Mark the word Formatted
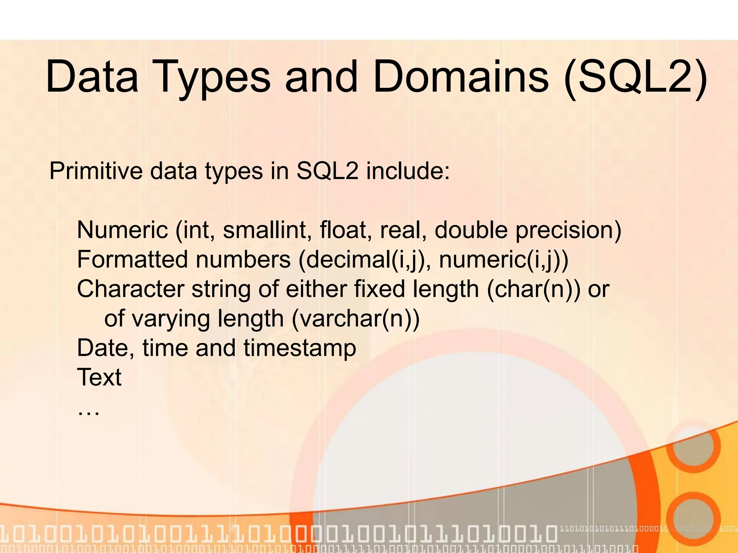point(133,259)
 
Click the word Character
point(130,289)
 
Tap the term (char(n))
point(534,289)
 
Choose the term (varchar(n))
point(355,319)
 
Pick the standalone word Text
point(99,377)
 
